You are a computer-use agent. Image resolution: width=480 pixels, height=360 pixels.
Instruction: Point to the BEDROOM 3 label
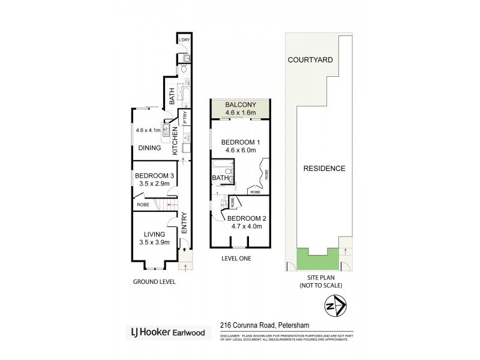click(x=154, y=175)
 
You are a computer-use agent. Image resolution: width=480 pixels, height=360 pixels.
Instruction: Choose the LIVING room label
click(x=154, y=235)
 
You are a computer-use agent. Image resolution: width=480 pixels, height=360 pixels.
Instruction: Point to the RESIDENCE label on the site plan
click(x=324, y=169)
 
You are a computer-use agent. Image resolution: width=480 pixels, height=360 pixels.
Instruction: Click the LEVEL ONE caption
click(x=236, y=258)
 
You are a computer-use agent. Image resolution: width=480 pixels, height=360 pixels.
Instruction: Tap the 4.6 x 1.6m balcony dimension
click(x=239, y=112)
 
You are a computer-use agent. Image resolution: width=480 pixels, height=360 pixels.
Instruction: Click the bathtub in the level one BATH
click(x=216, y=167)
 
